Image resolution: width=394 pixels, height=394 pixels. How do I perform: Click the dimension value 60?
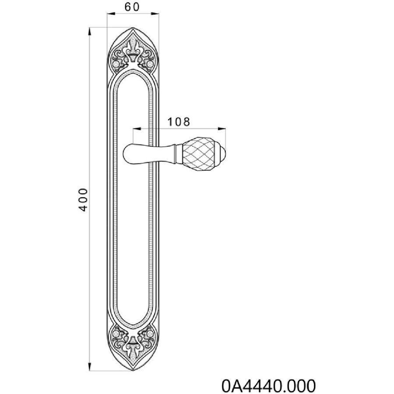click(x=132, y=7)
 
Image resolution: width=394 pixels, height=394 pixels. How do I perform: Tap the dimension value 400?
click(x=83, y=200)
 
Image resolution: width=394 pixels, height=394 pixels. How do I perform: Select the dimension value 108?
click(x=179, y=122)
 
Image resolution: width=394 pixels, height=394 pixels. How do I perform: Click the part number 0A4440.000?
click(x=268, y=385)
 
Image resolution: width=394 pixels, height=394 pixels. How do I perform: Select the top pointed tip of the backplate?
click(x=133, y=28)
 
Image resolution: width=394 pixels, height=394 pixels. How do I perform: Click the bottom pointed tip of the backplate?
click(x=133, y=370)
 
